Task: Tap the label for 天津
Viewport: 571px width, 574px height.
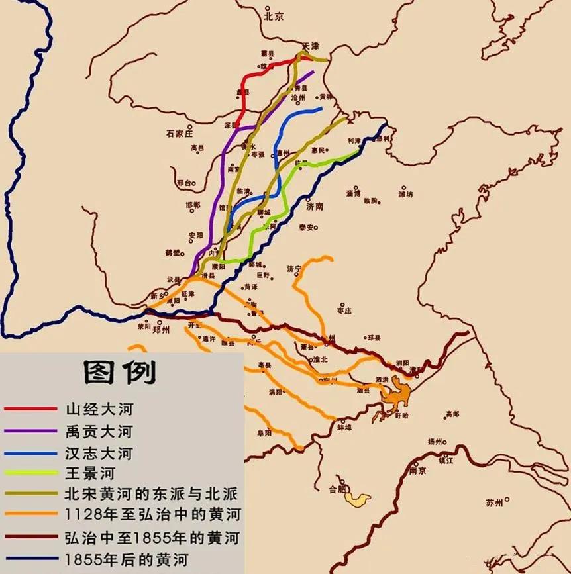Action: click(311, 46)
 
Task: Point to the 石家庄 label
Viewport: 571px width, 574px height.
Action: click(179, 133)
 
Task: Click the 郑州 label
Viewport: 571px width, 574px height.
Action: click(161, 329)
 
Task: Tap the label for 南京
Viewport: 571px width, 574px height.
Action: click(417, 471)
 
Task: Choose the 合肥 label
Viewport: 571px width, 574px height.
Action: click(338, 489)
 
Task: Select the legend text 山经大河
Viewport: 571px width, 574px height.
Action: click(99, 409)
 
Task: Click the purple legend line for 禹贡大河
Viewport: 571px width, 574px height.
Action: click(30, 431)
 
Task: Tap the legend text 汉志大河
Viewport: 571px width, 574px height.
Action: click(99, 453)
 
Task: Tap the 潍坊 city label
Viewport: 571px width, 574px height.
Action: click(405, 194)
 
